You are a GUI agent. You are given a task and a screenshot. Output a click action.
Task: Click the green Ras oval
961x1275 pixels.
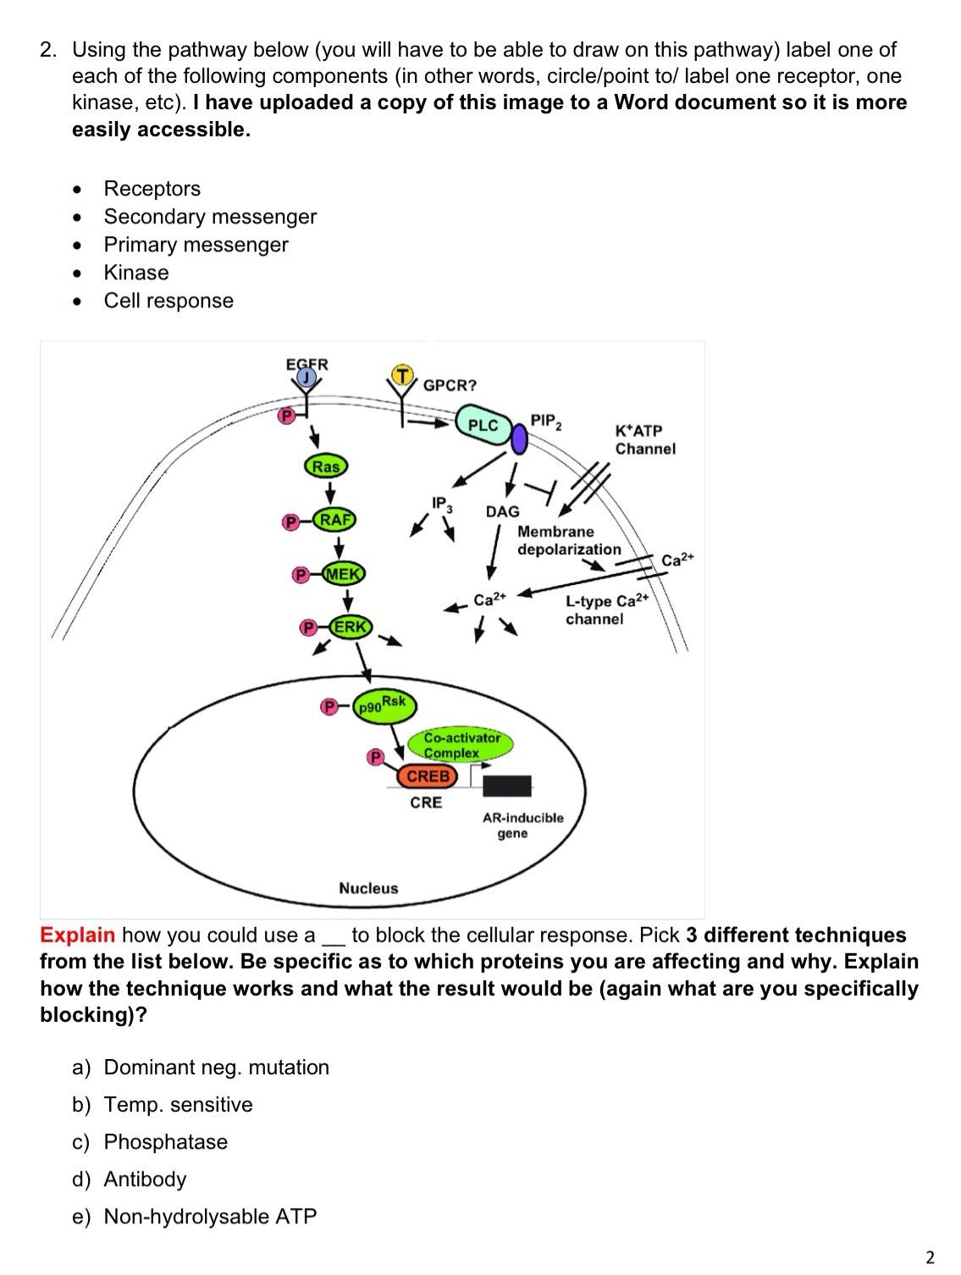click(x=326, y=466)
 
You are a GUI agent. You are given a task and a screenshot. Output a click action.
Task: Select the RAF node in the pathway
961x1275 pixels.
click(x=335, y=520)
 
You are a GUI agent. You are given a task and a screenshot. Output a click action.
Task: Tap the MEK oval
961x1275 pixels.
click(x=343, y=574)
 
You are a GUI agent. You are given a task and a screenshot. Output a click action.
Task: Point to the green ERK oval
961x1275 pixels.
click(x=350, y=627)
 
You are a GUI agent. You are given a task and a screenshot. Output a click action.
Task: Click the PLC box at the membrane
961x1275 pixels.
click(x=483, y=425)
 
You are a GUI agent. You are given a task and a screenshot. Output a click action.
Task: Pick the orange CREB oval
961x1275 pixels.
click(x=428, y=775)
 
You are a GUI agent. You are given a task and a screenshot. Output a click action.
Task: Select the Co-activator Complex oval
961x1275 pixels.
click(x=462, y=745)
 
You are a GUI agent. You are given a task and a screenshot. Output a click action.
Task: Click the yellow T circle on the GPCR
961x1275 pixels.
click(x=402, y=374)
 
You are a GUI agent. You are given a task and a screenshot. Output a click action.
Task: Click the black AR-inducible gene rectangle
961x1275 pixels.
click(x=507, y=786)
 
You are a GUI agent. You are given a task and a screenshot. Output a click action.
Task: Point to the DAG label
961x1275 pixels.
click(x=502, y=511)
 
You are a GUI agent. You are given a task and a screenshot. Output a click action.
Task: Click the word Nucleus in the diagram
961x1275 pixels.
click(x=368, y=888)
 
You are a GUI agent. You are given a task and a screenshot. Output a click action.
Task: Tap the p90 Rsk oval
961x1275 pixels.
click(x=382, y=704)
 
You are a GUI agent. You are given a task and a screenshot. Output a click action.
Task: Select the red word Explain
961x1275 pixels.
click(x=77, y=935)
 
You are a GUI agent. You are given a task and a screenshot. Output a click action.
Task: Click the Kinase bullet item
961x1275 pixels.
click(x=136, y=273)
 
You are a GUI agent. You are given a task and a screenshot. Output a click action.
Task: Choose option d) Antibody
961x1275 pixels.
click(x=145, y=1178)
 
